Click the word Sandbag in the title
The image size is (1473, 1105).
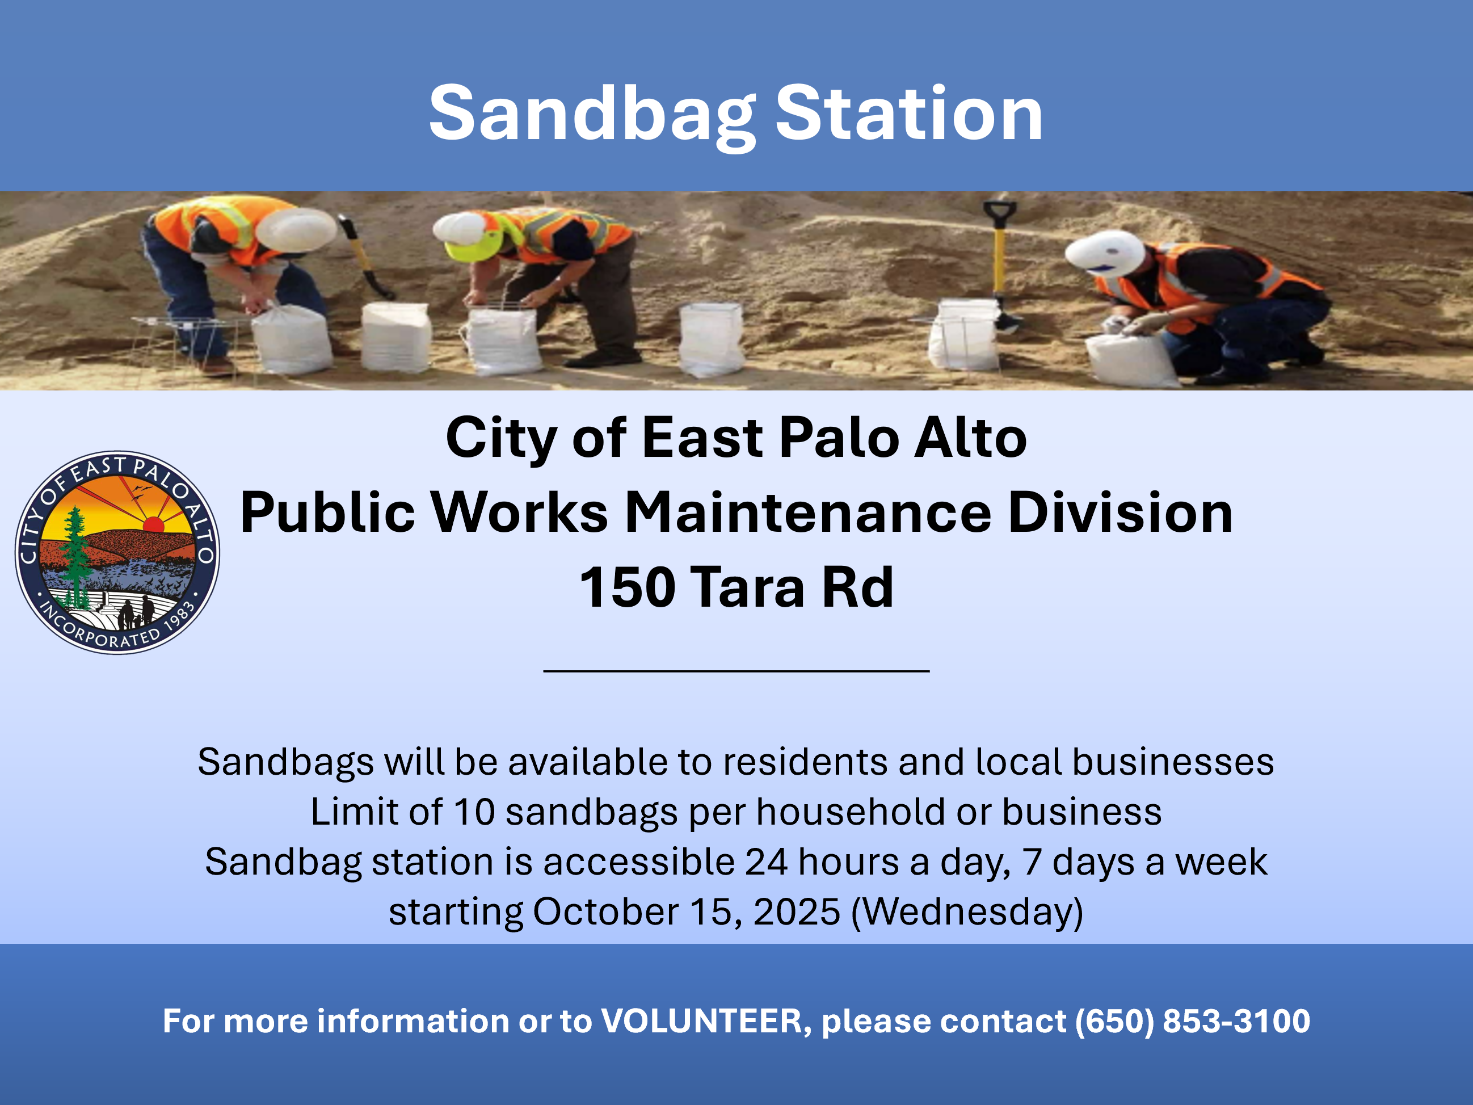pos(592,115)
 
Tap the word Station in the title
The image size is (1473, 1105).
pos(909,115)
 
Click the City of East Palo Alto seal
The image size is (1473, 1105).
pos(117,552)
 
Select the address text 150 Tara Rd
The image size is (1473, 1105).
pos(736,587)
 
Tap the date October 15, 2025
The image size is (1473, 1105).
pos(686,912)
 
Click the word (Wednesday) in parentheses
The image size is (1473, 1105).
pos(967,912)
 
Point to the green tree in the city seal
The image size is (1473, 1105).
pos(76,553)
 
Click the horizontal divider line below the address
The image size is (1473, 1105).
pos(736,671)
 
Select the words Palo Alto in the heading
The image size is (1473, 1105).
pos(902,438)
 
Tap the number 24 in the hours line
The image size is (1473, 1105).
pos(766,862)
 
